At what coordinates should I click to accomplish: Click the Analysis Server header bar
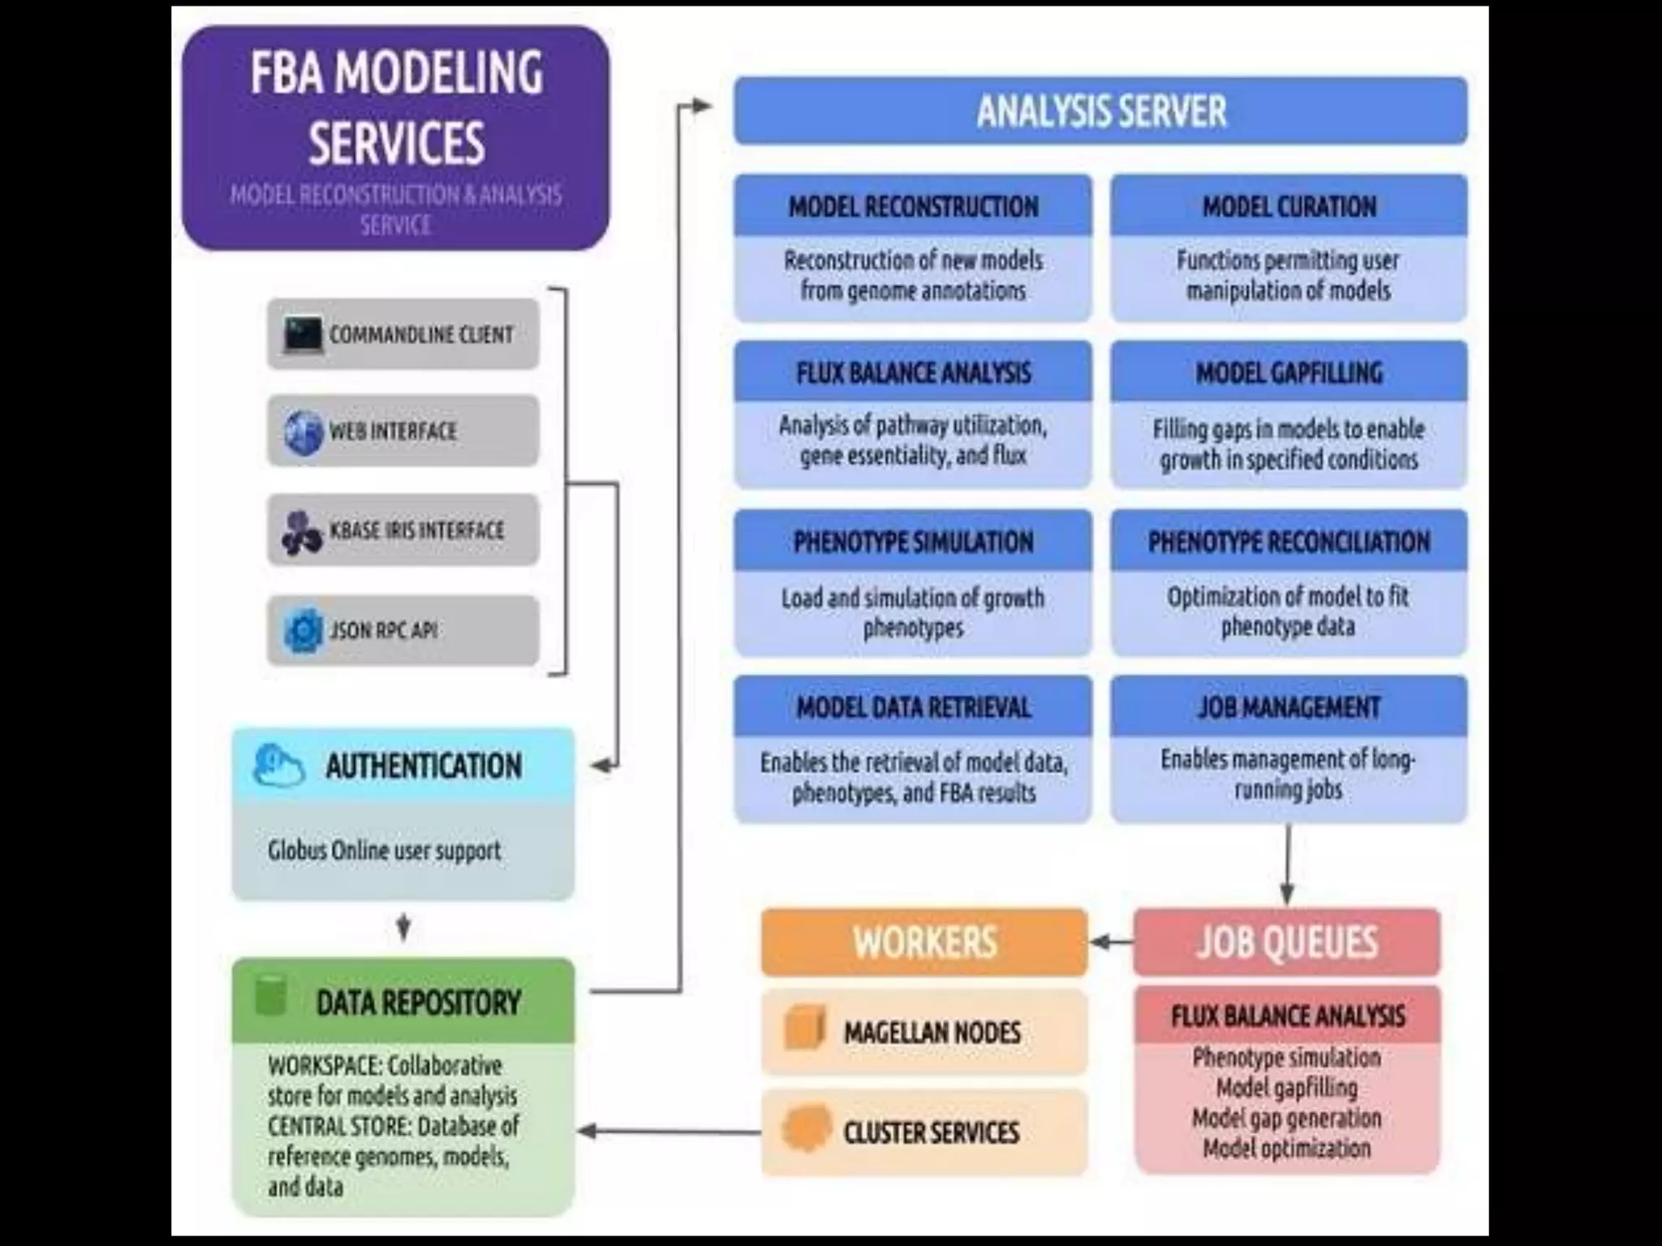point(1100,111)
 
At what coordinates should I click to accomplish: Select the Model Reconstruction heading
point(913,207)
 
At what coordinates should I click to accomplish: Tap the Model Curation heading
point(1289,207)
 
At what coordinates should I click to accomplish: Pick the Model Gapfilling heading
point(1289,373)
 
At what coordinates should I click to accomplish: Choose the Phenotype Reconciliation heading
point(1289,542)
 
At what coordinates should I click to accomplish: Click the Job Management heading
point(1289,707)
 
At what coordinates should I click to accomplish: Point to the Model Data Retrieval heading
point(913,707)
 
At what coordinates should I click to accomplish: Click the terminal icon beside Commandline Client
point(303,334)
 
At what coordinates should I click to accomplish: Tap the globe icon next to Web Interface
point(304,431)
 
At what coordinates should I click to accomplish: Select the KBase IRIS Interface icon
point(302,532)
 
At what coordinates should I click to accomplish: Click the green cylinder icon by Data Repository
point(271,997)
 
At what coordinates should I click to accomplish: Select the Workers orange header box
point(924,942)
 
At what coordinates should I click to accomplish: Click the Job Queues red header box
point(1286,942)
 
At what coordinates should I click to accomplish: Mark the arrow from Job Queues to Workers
point(1111,942)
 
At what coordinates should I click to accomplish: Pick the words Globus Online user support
point(384,851)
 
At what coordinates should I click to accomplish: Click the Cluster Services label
point(931,1132)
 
